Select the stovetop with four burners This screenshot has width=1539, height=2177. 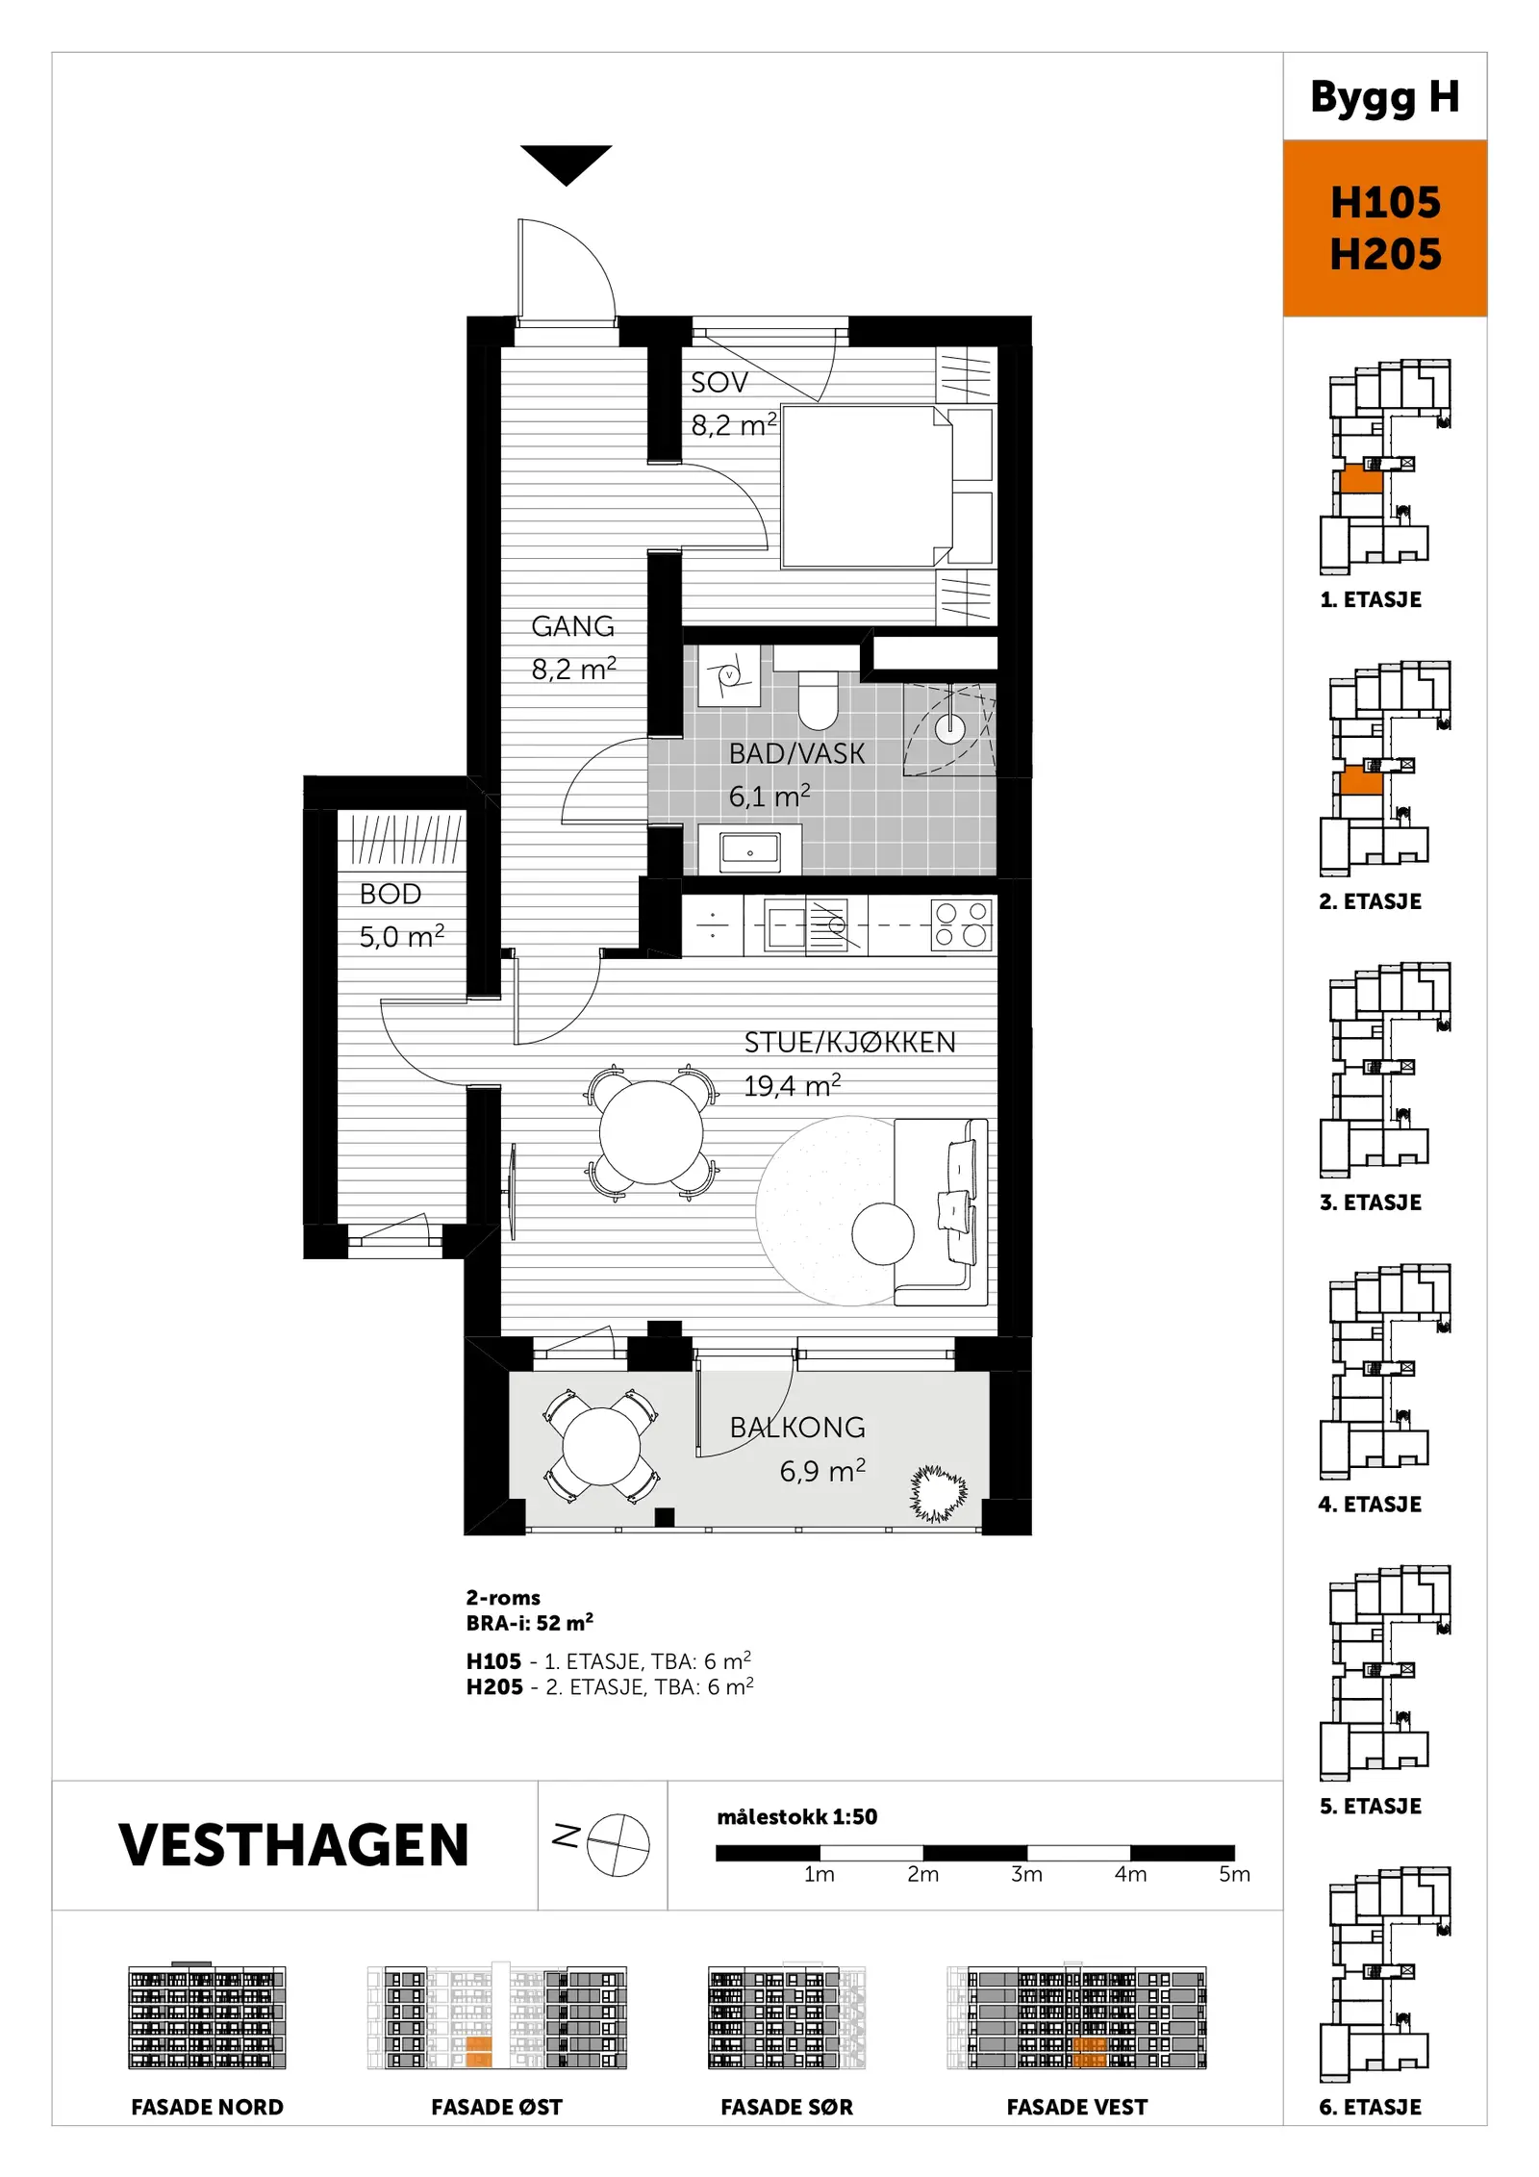click(961, 924)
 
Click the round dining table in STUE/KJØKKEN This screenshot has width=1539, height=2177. click(651, 1132)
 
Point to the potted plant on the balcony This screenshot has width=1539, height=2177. click(938, 1493)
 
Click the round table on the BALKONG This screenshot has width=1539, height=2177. click(601, 1446)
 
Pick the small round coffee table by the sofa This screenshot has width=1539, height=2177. click(883, 1234)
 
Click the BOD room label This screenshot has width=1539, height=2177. click(391, 894)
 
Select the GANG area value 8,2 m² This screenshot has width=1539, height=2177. click(573, 669)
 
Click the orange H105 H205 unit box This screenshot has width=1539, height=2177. click(1385, 228)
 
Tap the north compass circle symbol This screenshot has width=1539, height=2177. click(618, 1845)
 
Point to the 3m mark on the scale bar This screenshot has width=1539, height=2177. click(1026, 1874)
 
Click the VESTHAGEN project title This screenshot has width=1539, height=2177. click(293, 1845)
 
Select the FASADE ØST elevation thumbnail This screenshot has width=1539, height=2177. click(497, 2016)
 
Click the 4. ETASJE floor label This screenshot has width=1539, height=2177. click(1370, 1505)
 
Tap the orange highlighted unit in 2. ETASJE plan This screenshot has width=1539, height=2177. click(1361, 780)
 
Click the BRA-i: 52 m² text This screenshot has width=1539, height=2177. click(529, 1623)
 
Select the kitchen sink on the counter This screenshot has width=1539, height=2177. click(786, 924)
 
